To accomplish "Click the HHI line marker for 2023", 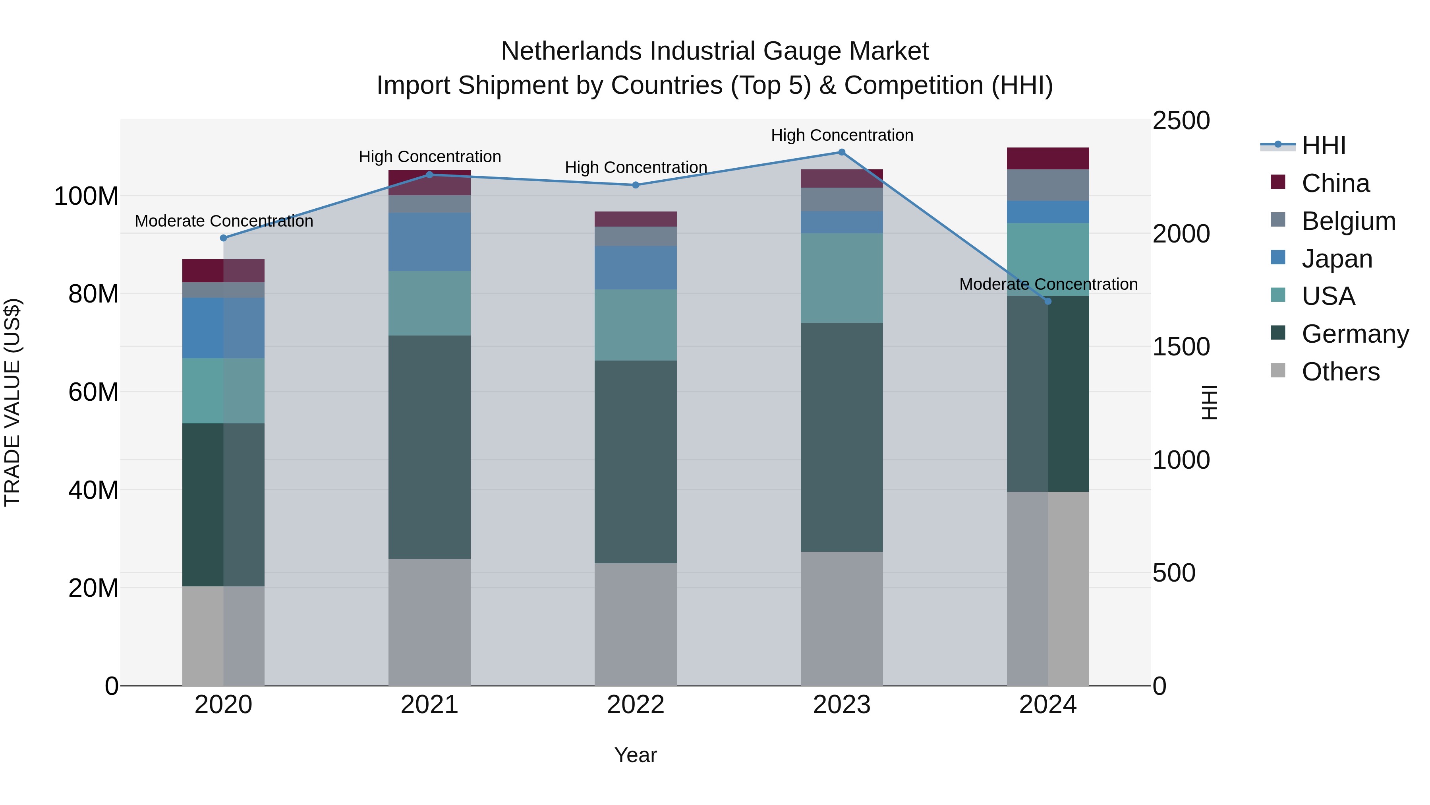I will (x=842, y=152).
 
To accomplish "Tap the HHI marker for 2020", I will (x=224, y=238).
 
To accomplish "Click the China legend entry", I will (x=1335, y=183).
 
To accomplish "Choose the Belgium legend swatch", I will (x=1278, y=219).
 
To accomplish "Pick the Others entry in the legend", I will (x=1340, y=372).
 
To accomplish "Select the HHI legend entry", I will (x=1324, y=145).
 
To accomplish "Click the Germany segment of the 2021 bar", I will (x=429, y=447).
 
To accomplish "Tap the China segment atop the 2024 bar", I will (x=1047, y=158).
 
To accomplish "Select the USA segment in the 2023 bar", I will (x=842, y=278).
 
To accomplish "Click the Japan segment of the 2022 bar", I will (x=636, y=268).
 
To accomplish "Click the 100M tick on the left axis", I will (x=87, y=196).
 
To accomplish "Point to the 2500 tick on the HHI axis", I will (x=1181, y=120).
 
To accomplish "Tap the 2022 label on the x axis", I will (x=636, y=705).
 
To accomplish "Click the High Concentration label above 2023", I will (x=842, y=135).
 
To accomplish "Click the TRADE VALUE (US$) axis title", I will (x=12, y=402).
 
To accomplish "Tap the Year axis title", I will (x=636, y=755).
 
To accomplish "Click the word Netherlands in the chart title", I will (x=572, y=51).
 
